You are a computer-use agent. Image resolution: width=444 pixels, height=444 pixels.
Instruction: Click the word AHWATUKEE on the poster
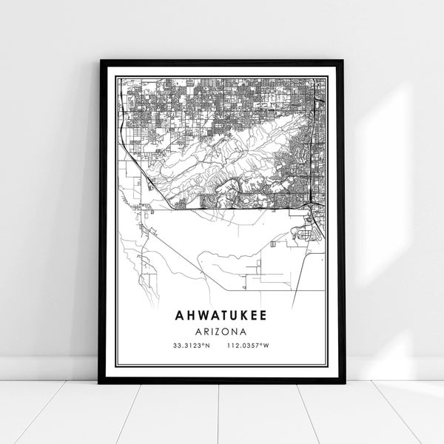(x=222, y=314)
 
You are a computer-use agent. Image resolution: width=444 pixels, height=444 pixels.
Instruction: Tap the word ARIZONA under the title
(x=222, y=330)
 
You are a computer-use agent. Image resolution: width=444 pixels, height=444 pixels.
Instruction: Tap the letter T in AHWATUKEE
(x=222, y=314)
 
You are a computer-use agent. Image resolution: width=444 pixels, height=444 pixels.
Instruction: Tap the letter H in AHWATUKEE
(x=188, y=314)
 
